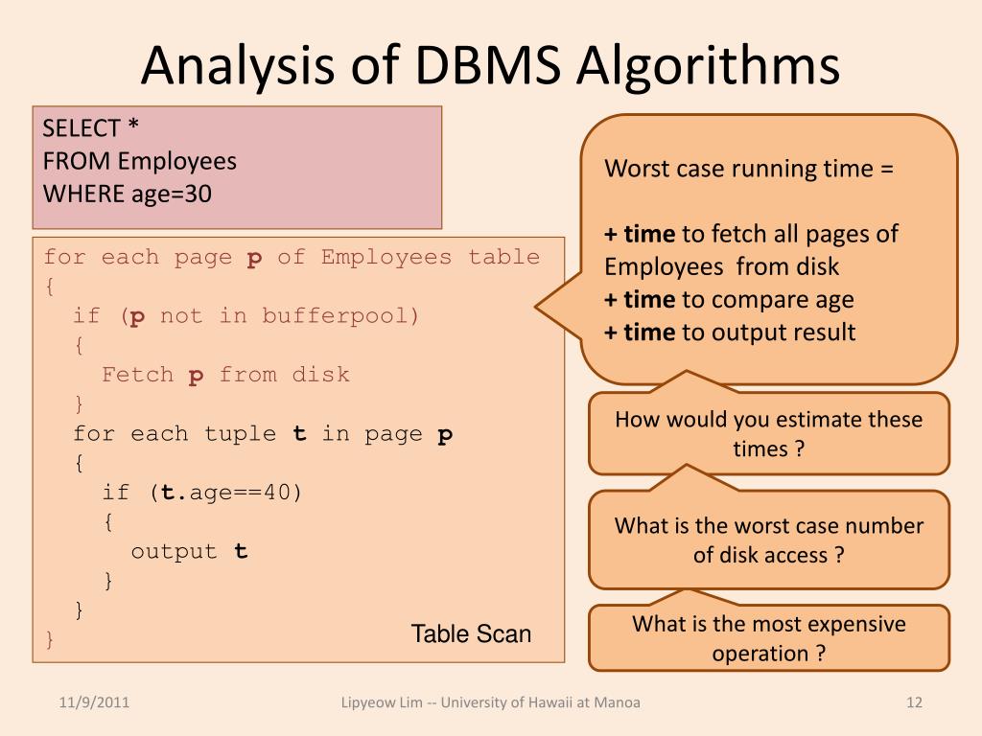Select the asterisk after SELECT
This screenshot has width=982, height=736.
pyautogui.click(x=134, y=128)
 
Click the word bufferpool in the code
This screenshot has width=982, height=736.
pyautogui.click(x=341, y=315)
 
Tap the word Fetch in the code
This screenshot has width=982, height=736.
pyautogui.click(x=137, y=375)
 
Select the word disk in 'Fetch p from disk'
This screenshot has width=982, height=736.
pyautogui.click(x=321, y=375)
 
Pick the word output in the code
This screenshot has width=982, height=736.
pyautogui.click(x=174, y=551)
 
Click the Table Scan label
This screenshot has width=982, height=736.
pyautogui.click(x=471, y=633)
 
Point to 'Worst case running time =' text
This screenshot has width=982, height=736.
pyautogui.click(x=748, y=170)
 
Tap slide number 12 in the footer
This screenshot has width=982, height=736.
pyautogui.click(x=913, y=702)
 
